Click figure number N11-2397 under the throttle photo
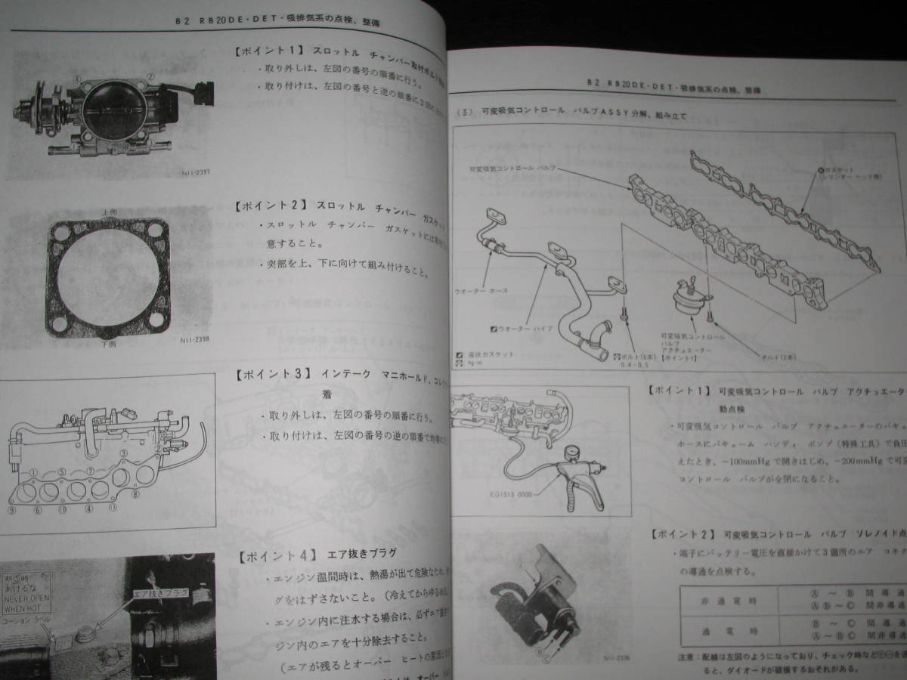click(196, 172)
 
